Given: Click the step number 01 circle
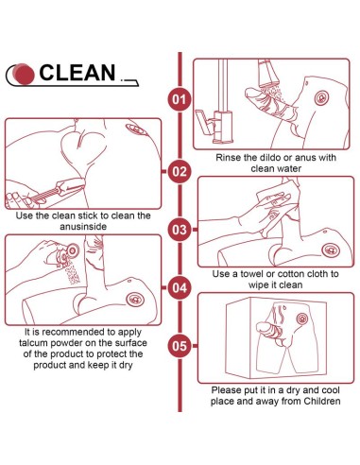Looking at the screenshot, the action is click(x=180, y=99).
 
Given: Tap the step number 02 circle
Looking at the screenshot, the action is click(x=180, y=171).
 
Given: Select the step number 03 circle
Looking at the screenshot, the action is click(x=180, y=230).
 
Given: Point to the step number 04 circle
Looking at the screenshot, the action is click(x=180, y=287).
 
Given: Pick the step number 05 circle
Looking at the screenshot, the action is click(x=180, y=346).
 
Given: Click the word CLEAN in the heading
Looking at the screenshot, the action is click(x=77, y=73).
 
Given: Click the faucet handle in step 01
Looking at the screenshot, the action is click(x=203, y=121).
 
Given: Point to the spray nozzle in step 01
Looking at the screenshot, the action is click(x=267, y=74).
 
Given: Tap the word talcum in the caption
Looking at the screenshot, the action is click(x=33, y=343).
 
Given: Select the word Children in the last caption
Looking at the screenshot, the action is click(x=322, y=401).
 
